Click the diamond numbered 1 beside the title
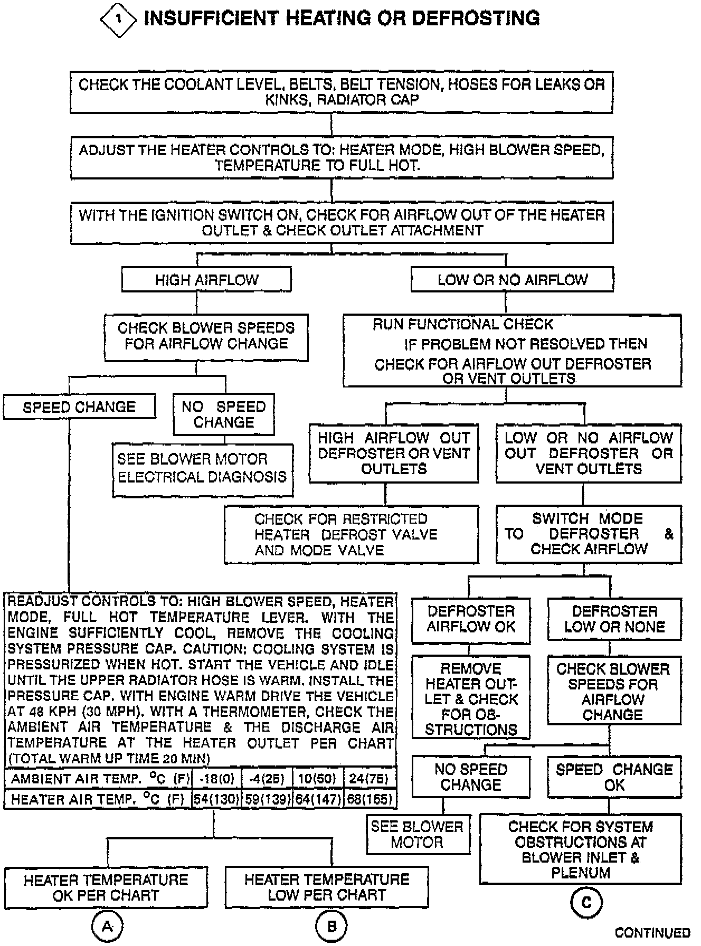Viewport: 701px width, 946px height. pyautogui.click(x=118, y=19)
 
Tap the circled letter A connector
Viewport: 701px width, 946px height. pyautogui.click(x=108, y=926)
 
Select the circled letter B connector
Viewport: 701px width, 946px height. pyautogui.click(x=331, y=926)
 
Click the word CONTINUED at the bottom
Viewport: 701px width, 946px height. pyautogui.click(x=652, y=933)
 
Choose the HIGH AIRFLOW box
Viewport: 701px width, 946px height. pyautogui.click(x=206, y=279)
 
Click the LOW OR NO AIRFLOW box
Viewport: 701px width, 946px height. pyautogui.click(x=512, y=279)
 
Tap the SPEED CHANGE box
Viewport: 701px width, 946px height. pyautogui.click(x=79, y=407)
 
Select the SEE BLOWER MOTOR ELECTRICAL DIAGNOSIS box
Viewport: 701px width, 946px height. pyautogui.click(x=202, y=468)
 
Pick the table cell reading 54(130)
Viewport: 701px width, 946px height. pyautogui.click(x=216, y=799)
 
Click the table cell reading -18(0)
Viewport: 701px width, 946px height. pyautogui.click(x=216, y=779)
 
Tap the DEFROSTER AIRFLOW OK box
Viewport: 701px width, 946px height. pyautogui.click(x=471, y=619)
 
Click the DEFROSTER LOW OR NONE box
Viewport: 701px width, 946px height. pyautogui.click(x=614, y=619)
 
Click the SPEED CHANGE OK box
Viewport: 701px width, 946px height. pyautogui.click(x=614, y=777)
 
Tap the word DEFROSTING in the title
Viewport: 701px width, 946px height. pyautogui.click(x=475, y=18)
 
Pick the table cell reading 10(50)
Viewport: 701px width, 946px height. pyautogui.click(x=317, y=779)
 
